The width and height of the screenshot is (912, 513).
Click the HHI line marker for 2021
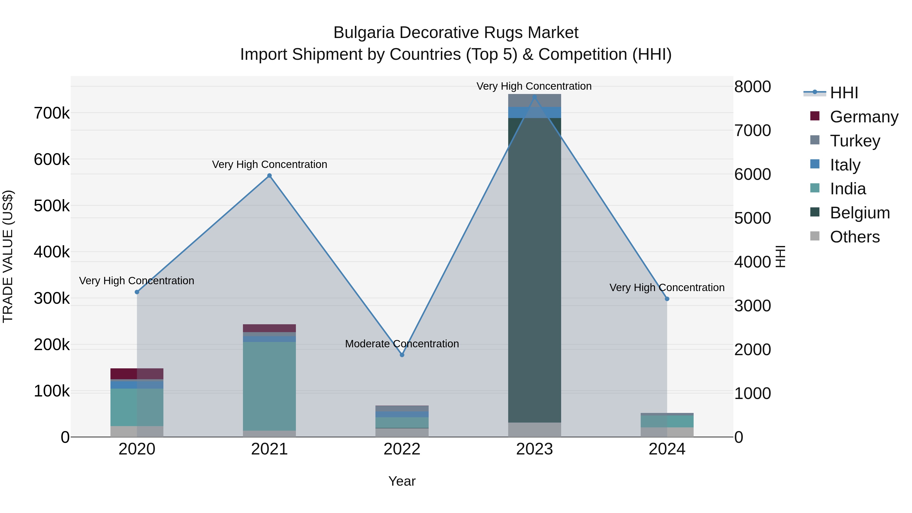tap(270, 176)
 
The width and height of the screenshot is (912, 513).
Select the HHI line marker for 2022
tap(402, 355)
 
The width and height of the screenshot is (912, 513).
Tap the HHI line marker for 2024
tap(667, 299)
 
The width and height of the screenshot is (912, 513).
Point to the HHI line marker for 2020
tap(137, 292)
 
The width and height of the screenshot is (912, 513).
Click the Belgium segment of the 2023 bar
tap(534, 269)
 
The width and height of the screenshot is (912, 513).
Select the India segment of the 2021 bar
tap(270, 386)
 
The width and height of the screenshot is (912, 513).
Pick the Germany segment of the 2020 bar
tap(137, 373)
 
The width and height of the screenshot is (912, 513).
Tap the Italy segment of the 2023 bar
tap(534, 112)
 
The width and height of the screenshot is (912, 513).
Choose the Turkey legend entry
tap(855, 141)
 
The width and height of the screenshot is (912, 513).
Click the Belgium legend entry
tap(860, 213)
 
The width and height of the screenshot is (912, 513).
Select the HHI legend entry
tap(844, 93)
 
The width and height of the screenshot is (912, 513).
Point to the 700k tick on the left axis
tap(52, 113)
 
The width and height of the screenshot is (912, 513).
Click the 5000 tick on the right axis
tap(752, 218)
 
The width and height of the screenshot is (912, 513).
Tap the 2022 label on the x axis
tap(402, 449)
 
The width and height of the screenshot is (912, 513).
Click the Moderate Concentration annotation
tap(402, 344)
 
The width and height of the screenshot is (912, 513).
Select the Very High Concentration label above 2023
tap(534, 86)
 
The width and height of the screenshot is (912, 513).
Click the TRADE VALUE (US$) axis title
tap(8, 256)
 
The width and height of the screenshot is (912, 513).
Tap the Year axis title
tap(402, 481)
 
